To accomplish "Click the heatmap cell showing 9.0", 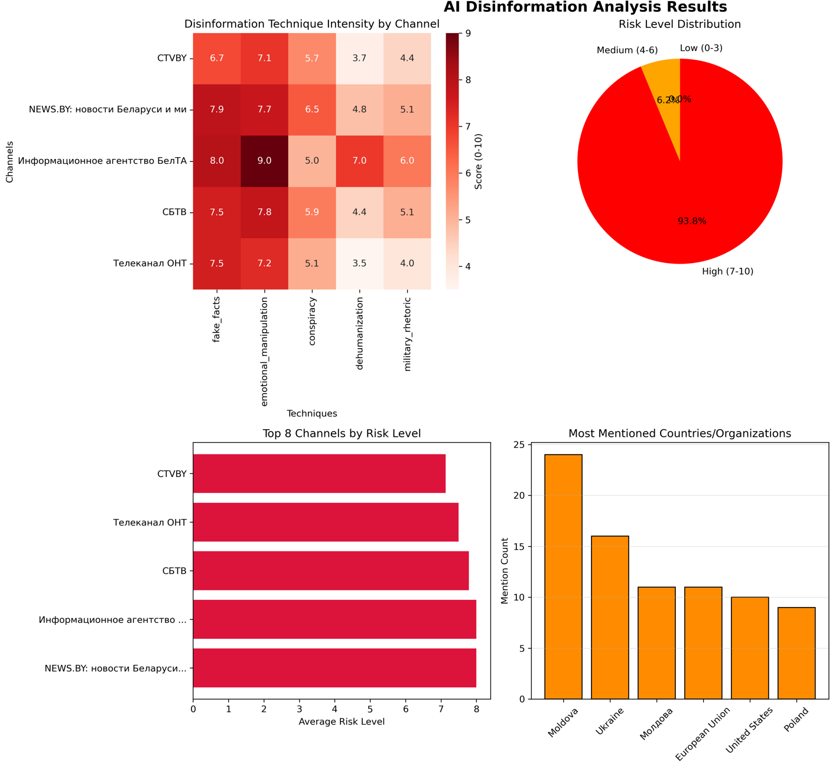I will (x=265, y=161).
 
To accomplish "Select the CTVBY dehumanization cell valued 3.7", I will (x=359, y=58).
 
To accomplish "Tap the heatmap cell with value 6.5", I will (x=312, y=109).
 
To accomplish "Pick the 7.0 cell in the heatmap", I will (x=359, y=161).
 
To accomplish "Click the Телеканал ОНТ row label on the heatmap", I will (x=149, y=264).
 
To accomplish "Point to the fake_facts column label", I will (x=217, y=320).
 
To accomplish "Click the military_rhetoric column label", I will (x=407, y=334).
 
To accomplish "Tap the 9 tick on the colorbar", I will (x=469, y=34).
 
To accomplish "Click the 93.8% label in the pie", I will (x=692, y=221).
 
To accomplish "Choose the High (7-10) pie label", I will (x=727, y=272).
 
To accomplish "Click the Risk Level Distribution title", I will (x=679, y=24).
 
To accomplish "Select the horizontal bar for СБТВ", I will (x=331, y=571).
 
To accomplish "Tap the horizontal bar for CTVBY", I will (x=319, y=473).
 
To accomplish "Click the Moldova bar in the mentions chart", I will (x=563, y=576).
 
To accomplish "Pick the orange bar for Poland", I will (x=796, y=653).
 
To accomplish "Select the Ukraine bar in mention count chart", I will (x=610, y=618).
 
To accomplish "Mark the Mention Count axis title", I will (x=505, y=571).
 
